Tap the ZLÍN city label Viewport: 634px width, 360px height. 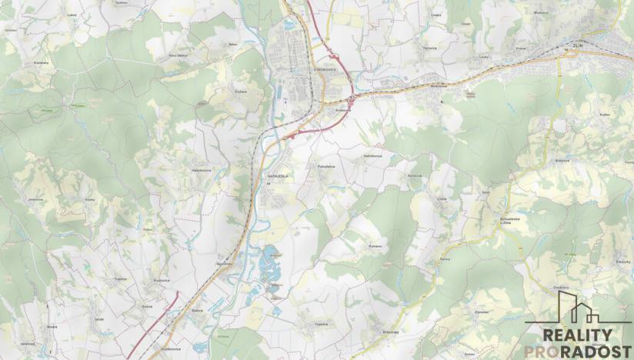click(578, 46)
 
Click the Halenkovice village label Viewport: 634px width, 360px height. click(202, 170)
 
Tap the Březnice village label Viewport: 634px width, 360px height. click(561, 161)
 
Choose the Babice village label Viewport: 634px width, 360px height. click(197, 310)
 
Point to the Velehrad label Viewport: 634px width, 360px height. click(28, 344)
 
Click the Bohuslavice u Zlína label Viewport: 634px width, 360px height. click(510, 221)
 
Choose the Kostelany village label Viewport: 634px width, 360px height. click(42, 63)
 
